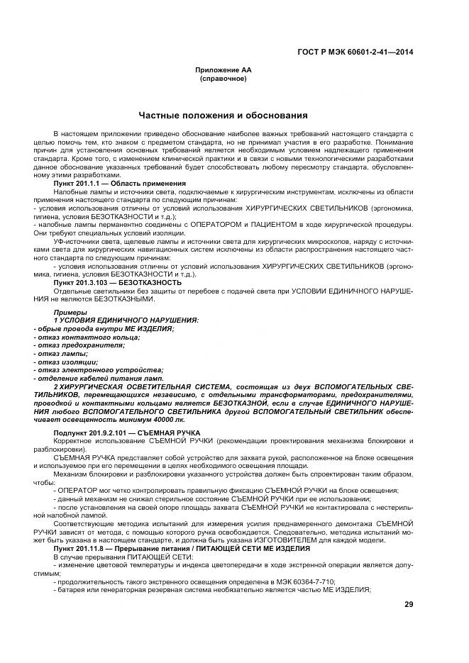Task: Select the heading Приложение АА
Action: (x=224, y=71)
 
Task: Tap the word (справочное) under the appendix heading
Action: (x=224, y=79)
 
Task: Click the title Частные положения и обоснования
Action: (x=223, y=115)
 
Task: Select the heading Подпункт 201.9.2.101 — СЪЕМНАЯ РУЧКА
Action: (x=127, y=432)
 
